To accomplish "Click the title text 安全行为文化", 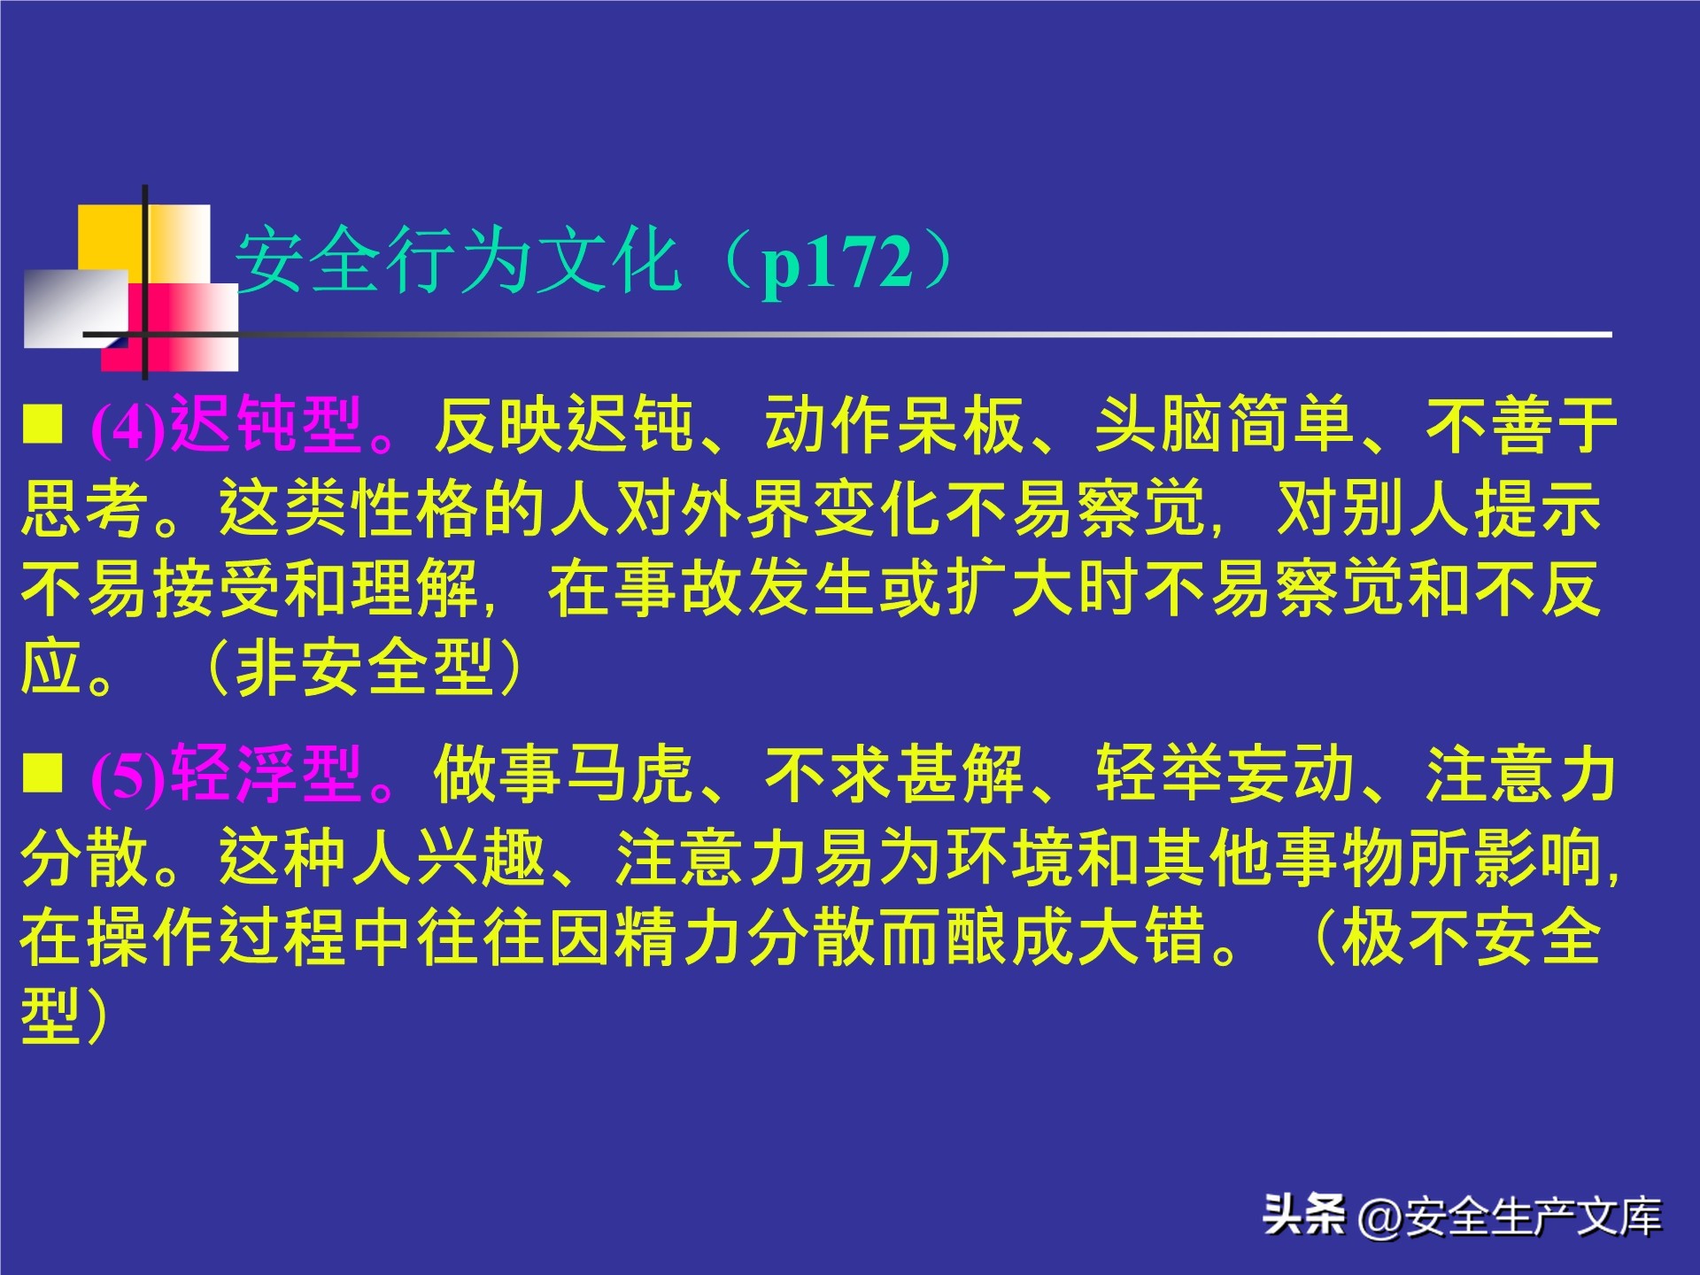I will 458,262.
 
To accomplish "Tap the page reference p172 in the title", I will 838,262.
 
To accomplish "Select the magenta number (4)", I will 128,428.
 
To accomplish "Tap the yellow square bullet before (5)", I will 43,772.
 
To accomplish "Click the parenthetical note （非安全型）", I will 364,668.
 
